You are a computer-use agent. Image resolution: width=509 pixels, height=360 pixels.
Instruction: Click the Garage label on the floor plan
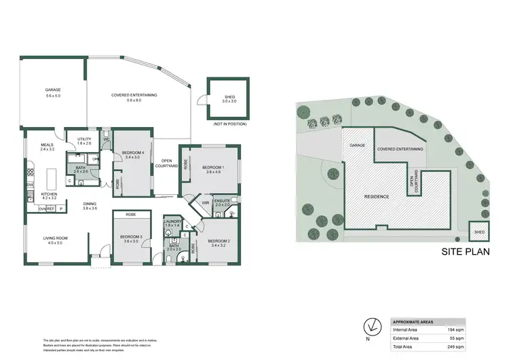coord(53,90)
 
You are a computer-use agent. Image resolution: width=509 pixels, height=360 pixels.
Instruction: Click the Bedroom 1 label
coord(214,167)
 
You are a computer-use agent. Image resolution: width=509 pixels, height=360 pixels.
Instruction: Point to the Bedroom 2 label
coord(221,241)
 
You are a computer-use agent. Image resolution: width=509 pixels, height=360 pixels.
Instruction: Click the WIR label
coord(204,202)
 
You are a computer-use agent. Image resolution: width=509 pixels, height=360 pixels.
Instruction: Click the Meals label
coord(47,144)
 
